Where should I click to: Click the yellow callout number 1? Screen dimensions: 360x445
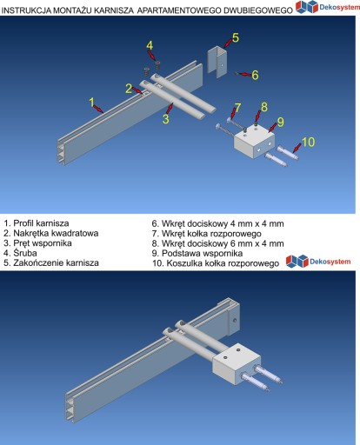coord(92,102)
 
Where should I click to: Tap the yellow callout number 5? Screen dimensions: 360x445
coord(236,37)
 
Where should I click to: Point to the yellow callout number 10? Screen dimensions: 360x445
coord(308,142)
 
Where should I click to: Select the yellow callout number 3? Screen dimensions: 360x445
coord(165,119)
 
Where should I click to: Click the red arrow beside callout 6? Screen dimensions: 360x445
coord(243,74)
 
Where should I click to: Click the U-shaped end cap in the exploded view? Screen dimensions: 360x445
coord(217,62)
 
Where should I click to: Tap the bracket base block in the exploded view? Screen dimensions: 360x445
coord(254,143)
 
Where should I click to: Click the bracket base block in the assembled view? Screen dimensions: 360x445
coord(237,363)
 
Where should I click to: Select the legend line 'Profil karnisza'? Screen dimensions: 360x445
coord(37,223)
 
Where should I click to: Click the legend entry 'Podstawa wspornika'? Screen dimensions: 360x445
coord(197,253)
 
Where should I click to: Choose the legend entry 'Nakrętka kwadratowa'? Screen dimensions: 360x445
coord(51,233)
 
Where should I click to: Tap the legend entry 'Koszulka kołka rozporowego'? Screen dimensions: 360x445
coord(216,263)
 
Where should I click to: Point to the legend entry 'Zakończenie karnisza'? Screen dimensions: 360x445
coord(51,262)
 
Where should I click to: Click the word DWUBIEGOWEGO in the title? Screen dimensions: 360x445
coord(257,10)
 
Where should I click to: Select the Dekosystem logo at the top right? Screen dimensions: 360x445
coord(328,7)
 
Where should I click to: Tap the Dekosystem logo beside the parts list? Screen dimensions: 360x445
coord(318,262)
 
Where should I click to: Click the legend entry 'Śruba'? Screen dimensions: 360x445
coord(21,253)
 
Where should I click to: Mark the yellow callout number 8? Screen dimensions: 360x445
coord(264,107)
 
